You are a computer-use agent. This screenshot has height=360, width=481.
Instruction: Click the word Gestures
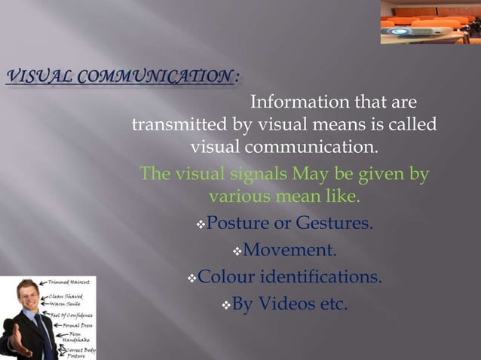click(x=335, y=224)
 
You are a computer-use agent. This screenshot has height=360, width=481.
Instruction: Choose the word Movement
click(x=290, y=250)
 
